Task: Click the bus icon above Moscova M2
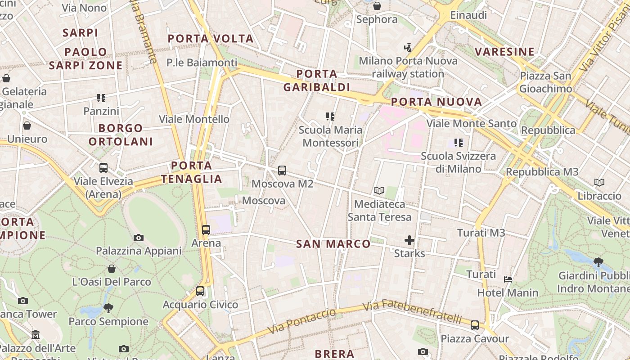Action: tap(282, 171)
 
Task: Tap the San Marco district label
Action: tap(333, 244)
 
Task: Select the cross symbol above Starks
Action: tap(409, 240)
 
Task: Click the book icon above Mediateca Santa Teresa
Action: tap(379, 191)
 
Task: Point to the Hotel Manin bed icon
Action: tap(508, 279)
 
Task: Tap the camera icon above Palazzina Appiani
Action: tap(139, 238)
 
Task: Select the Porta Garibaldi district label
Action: tap(317, 81)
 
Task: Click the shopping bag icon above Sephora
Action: tap(377, 6)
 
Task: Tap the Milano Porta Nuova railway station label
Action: tap(408, 67)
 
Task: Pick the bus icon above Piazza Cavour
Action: tap(475, 325)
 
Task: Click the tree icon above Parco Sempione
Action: tap(108, 308)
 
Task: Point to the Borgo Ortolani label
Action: tap(121, 135)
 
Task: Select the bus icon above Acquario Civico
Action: tap(200, 291)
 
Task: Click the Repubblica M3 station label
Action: tap(542, 172)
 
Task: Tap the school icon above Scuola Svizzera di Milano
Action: tap(459, 143)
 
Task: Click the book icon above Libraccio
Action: tap(599, 183)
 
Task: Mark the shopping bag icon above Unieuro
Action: tap(27, 126)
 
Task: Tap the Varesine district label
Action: tap(505, 52)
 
